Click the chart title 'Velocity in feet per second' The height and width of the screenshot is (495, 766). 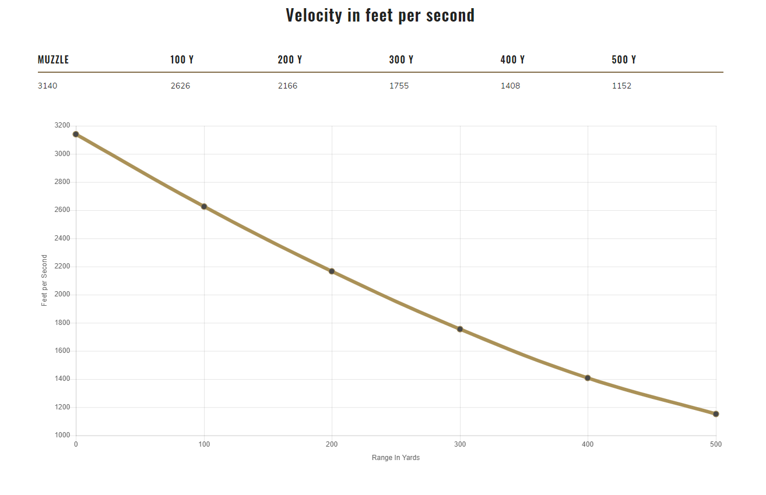[380, 15]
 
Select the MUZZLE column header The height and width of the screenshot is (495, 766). [53, 60]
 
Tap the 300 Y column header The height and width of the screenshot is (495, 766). [401, 60]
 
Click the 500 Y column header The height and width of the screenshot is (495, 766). [624, 60]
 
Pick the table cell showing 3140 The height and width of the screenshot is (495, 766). [48, 86]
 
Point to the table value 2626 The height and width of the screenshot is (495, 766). [180, 86]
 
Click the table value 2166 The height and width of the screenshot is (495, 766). [287, 86]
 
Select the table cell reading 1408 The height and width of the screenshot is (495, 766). [510, 86]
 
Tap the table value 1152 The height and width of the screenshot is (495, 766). [621, 86]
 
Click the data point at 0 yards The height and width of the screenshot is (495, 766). [76, 135]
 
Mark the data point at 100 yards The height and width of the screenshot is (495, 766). [204, 207]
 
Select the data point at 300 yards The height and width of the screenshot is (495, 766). [460, 329]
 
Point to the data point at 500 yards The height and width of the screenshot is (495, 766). [716, 414]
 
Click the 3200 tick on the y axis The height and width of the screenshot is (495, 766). [62, 125]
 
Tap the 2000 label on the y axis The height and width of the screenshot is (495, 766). [62, 295]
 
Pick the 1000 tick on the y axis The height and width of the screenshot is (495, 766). [62, 436]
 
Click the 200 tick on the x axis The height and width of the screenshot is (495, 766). [332, 445]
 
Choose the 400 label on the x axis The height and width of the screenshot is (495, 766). [588, 445]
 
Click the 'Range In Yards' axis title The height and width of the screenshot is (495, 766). [396, 458]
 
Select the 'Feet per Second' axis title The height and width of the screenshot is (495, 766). [44, 281]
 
